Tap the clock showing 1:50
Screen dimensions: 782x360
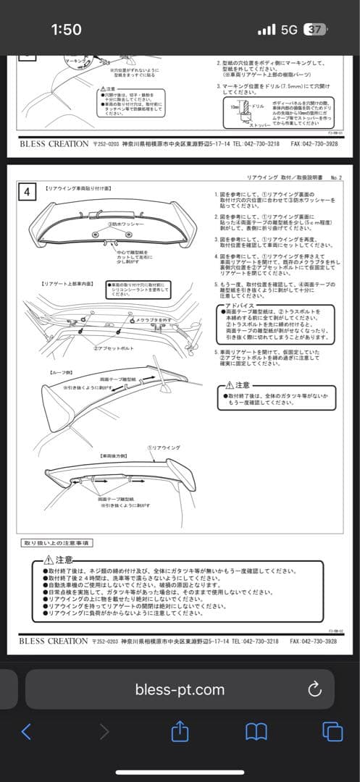(x=66, y=30)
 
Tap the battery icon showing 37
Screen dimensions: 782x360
(x=316, y=30)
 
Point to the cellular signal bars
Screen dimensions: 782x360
(x=267, y=30)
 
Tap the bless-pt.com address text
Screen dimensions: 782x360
(x=180, y=689)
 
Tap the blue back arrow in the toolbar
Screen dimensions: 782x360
(x=26, y=731)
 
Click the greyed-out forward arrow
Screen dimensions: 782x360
(x=104, y=731)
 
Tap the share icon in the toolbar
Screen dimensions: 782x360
(x=180, y=731)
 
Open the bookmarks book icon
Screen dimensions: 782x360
(x=256, y=731)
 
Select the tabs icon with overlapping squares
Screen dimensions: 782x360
(x=332, y=731)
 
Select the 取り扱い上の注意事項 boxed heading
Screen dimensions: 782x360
(x=56, y=542)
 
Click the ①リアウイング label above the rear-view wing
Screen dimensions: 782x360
(x=163, y=448)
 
